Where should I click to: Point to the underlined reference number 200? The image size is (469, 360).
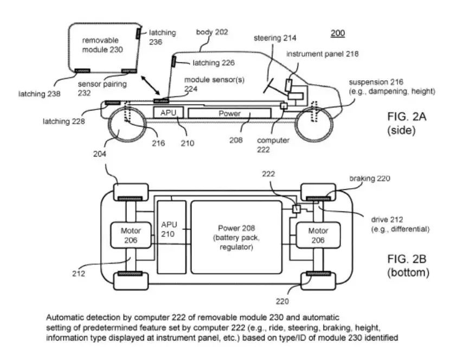[x=338, y=33]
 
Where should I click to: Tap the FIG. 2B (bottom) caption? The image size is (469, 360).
[x=408, y=266]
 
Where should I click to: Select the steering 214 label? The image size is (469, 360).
[x=275, y=38]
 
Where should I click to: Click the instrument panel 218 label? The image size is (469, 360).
[x=322, y=54]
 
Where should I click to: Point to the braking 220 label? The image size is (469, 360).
[x=370, y=178]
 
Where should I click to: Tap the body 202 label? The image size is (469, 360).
[x=212, y=32]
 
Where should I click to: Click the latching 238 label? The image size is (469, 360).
[x=39, y=94]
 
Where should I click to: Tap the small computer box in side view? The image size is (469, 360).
[x=284, y=106]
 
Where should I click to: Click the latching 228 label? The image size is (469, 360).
[x=64, y=121]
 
